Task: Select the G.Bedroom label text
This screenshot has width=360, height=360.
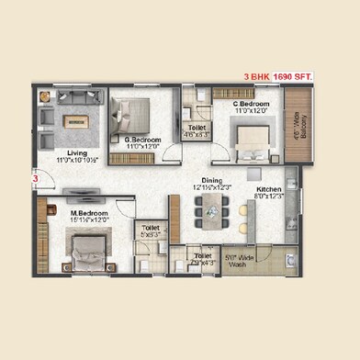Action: (x=141, y=138)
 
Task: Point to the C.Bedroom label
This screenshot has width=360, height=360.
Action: (x=251, y=105)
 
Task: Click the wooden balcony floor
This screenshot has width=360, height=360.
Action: (x=298, y=119)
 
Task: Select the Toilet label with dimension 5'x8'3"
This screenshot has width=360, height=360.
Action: (x=149, y=227)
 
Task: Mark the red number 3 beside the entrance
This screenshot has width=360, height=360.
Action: (x=35, y=179)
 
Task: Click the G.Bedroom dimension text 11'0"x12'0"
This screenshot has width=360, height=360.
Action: (x=141, y=145)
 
